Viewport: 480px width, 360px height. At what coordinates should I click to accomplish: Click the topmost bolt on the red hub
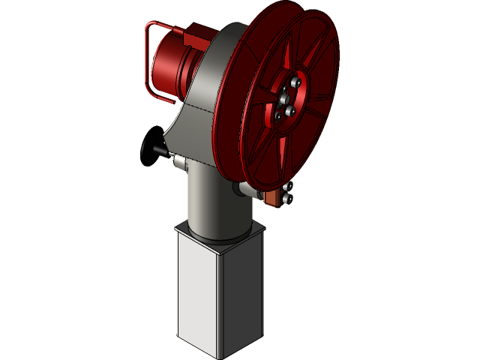[296, 82]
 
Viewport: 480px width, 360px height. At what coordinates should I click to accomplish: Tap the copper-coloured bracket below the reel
[274, 197]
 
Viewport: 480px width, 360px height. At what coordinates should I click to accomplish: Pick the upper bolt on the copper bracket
[289, 188]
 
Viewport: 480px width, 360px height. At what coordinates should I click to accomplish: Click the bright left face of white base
[197, 292]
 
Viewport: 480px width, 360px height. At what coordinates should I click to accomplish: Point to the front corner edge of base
[220, 300]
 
